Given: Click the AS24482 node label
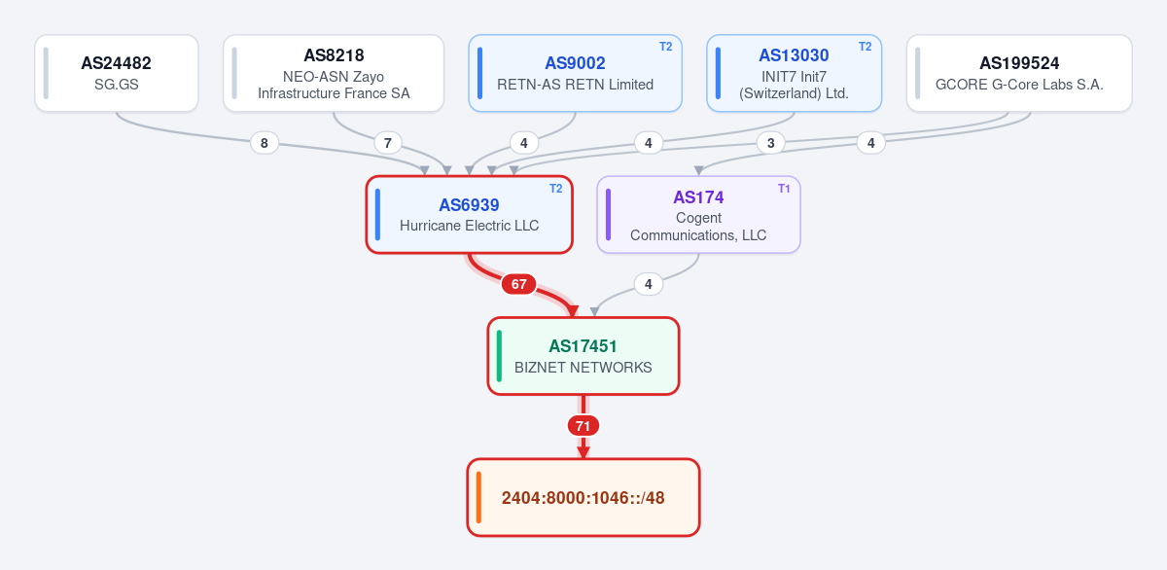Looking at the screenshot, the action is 116,63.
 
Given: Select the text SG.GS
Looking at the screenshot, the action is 116,85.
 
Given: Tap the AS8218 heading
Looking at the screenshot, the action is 334,55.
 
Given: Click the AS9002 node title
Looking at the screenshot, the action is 575,63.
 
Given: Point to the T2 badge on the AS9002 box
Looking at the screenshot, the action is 666,47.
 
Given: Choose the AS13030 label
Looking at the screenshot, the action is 794,55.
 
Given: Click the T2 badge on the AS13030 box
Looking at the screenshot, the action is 865,47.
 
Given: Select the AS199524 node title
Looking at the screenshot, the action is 1019,63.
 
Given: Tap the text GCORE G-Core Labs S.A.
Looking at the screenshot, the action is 1019,85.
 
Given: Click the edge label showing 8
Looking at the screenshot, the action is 265,143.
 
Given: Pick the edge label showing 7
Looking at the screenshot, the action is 388,143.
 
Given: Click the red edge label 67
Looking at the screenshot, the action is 518,284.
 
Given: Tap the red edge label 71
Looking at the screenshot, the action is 583,426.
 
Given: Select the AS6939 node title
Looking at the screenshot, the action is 469,205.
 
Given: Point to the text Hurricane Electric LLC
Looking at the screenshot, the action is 469,226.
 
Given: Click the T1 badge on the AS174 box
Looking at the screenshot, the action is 784,189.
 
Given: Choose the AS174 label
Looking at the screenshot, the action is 698,197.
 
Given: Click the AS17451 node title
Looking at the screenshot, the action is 583,346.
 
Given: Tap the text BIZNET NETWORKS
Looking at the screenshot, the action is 583,368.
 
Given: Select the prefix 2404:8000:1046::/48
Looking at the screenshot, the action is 583,498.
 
